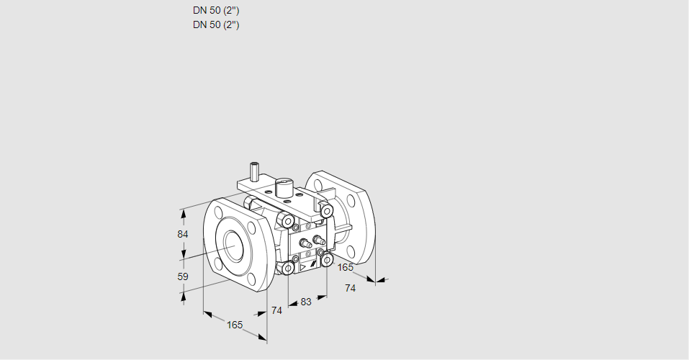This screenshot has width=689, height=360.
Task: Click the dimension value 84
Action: click(183, 235)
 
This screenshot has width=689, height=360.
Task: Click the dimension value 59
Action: click(183, 276)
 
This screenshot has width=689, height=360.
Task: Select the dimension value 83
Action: click(306, 302)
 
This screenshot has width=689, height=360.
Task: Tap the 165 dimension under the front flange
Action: click(235, 325)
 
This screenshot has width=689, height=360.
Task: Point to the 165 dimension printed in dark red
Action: click(346, 268)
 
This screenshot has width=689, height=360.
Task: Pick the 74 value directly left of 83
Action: click(276, 310)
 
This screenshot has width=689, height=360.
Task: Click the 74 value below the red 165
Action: click(351, 288)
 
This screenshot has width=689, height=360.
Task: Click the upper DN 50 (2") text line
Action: click(216, 11)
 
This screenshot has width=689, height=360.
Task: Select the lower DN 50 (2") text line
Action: click(216, 24)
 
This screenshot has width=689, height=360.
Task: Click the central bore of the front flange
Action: click(234, 246)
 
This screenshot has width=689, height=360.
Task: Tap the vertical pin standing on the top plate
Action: click(254, 172)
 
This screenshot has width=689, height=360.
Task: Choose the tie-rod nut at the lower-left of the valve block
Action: click(287, 269)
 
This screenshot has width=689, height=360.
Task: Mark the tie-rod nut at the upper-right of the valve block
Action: click(326, 210)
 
